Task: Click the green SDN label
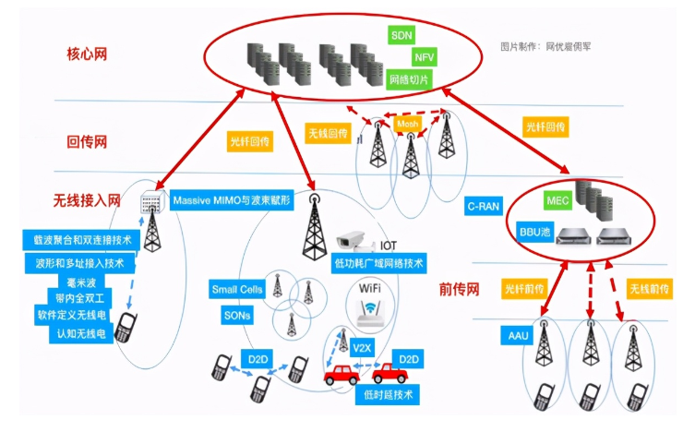point(402,34)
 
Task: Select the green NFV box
point(424,57)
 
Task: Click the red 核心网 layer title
point(88,54)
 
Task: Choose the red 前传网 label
point(460,289)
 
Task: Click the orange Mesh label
point(407,123)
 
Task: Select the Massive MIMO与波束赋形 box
point(231,199)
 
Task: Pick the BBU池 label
point(536,233)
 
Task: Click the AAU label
point(518,334)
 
